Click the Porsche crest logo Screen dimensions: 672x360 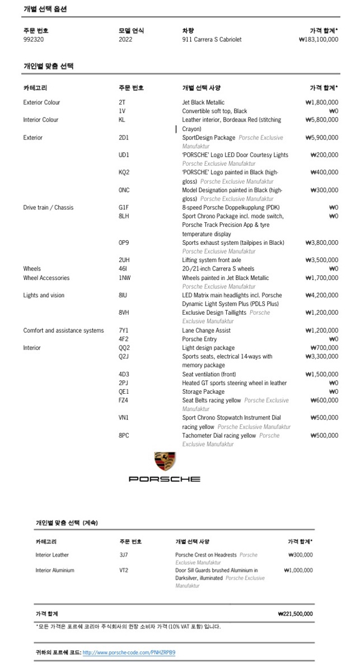(x=165, y=462)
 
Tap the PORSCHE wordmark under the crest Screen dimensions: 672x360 (x=165, y=479)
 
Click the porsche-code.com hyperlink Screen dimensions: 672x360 (x=129, y=652)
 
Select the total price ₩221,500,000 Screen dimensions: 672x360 (x=295, y=614)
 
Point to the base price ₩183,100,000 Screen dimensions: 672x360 (x=319, y=40)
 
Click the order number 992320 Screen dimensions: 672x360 (x=34, y=40)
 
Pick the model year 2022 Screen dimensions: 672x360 (x=125, y=40)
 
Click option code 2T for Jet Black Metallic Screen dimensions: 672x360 (x=122, y=102)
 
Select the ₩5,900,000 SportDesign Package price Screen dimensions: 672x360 (x=322, y=138)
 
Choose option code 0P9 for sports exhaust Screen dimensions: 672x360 (x=124, y=243)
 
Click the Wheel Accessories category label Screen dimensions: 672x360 (x=46, y=278)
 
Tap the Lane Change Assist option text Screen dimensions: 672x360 (x=205, y=330)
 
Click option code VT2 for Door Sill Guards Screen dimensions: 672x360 (x=124, y=571)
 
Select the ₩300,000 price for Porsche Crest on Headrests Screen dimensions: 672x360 (x=300, y=555)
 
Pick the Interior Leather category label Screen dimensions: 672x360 (x=52, y=555)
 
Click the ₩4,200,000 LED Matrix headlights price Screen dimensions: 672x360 (x=322, y=295)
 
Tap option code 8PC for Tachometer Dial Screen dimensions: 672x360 (x=124, y=435)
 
